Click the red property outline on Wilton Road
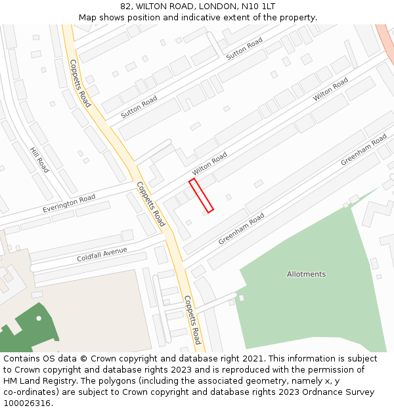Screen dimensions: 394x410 pyautogui.click(x=201, y=195)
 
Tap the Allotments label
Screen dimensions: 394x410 pyautogui.click(x=306, y=274)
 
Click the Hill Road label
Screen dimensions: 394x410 pyautogui.click(x=39, y=159)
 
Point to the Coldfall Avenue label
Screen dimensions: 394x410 pyautogui.click(x=102, y=254)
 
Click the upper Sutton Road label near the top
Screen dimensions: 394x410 pyautogui.click(x=244, y=49)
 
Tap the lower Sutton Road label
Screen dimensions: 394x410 pyautogui.click(x=139, y=107)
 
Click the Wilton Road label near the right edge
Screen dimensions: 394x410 pyautogui.click(x=330, y=89)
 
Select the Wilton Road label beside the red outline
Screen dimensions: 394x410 pyautogui.click(x=209, y=164)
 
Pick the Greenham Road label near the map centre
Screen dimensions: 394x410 pyautogui.click(x=241, y=228)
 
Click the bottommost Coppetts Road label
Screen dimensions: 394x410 pyautogui.click(x=192, y=319)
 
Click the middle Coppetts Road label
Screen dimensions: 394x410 pyautogui.click(x=150, y=204)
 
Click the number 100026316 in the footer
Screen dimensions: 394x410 pyautogui.click(x=26, y=403)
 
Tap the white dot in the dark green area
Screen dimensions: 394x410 pyautogui.click(x=39, y=318)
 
